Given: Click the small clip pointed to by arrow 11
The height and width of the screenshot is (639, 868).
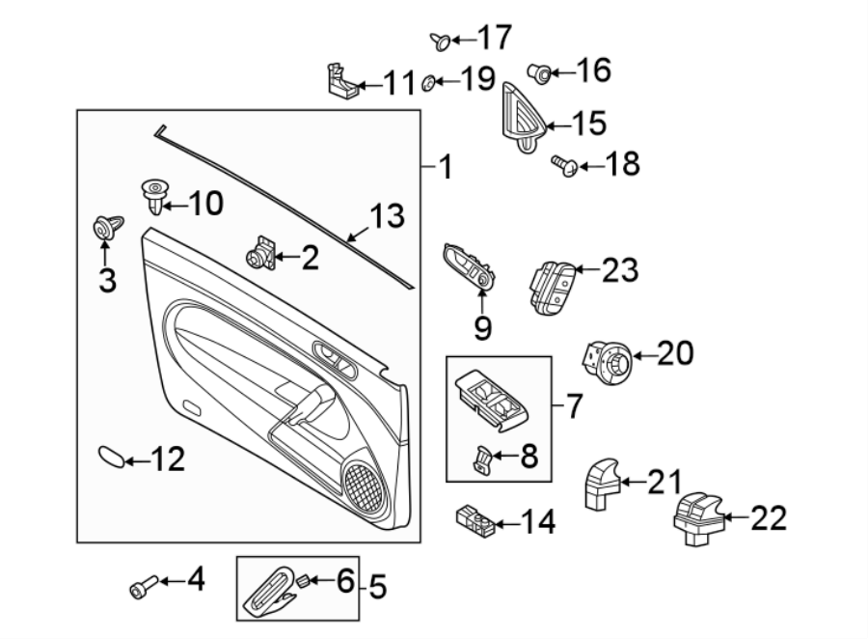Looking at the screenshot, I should click(x=339, y=81).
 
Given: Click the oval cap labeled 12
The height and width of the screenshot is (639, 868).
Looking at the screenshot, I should click(x=111, y=456).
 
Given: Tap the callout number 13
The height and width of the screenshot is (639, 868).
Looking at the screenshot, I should click(x=388, y=216).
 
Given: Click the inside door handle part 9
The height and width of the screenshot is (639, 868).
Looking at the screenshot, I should click(x=470, y=267).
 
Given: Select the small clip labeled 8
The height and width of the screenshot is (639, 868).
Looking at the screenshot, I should click(x=482, y=459).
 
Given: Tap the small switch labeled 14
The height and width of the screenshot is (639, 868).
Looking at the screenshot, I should click(x=475, y=522).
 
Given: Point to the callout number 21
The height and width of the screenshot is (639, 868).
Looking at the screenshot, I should click(x=663, y=482).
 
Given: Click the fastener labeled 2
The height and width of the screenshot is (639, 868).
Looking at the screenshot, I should click(x=258, y=255).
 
